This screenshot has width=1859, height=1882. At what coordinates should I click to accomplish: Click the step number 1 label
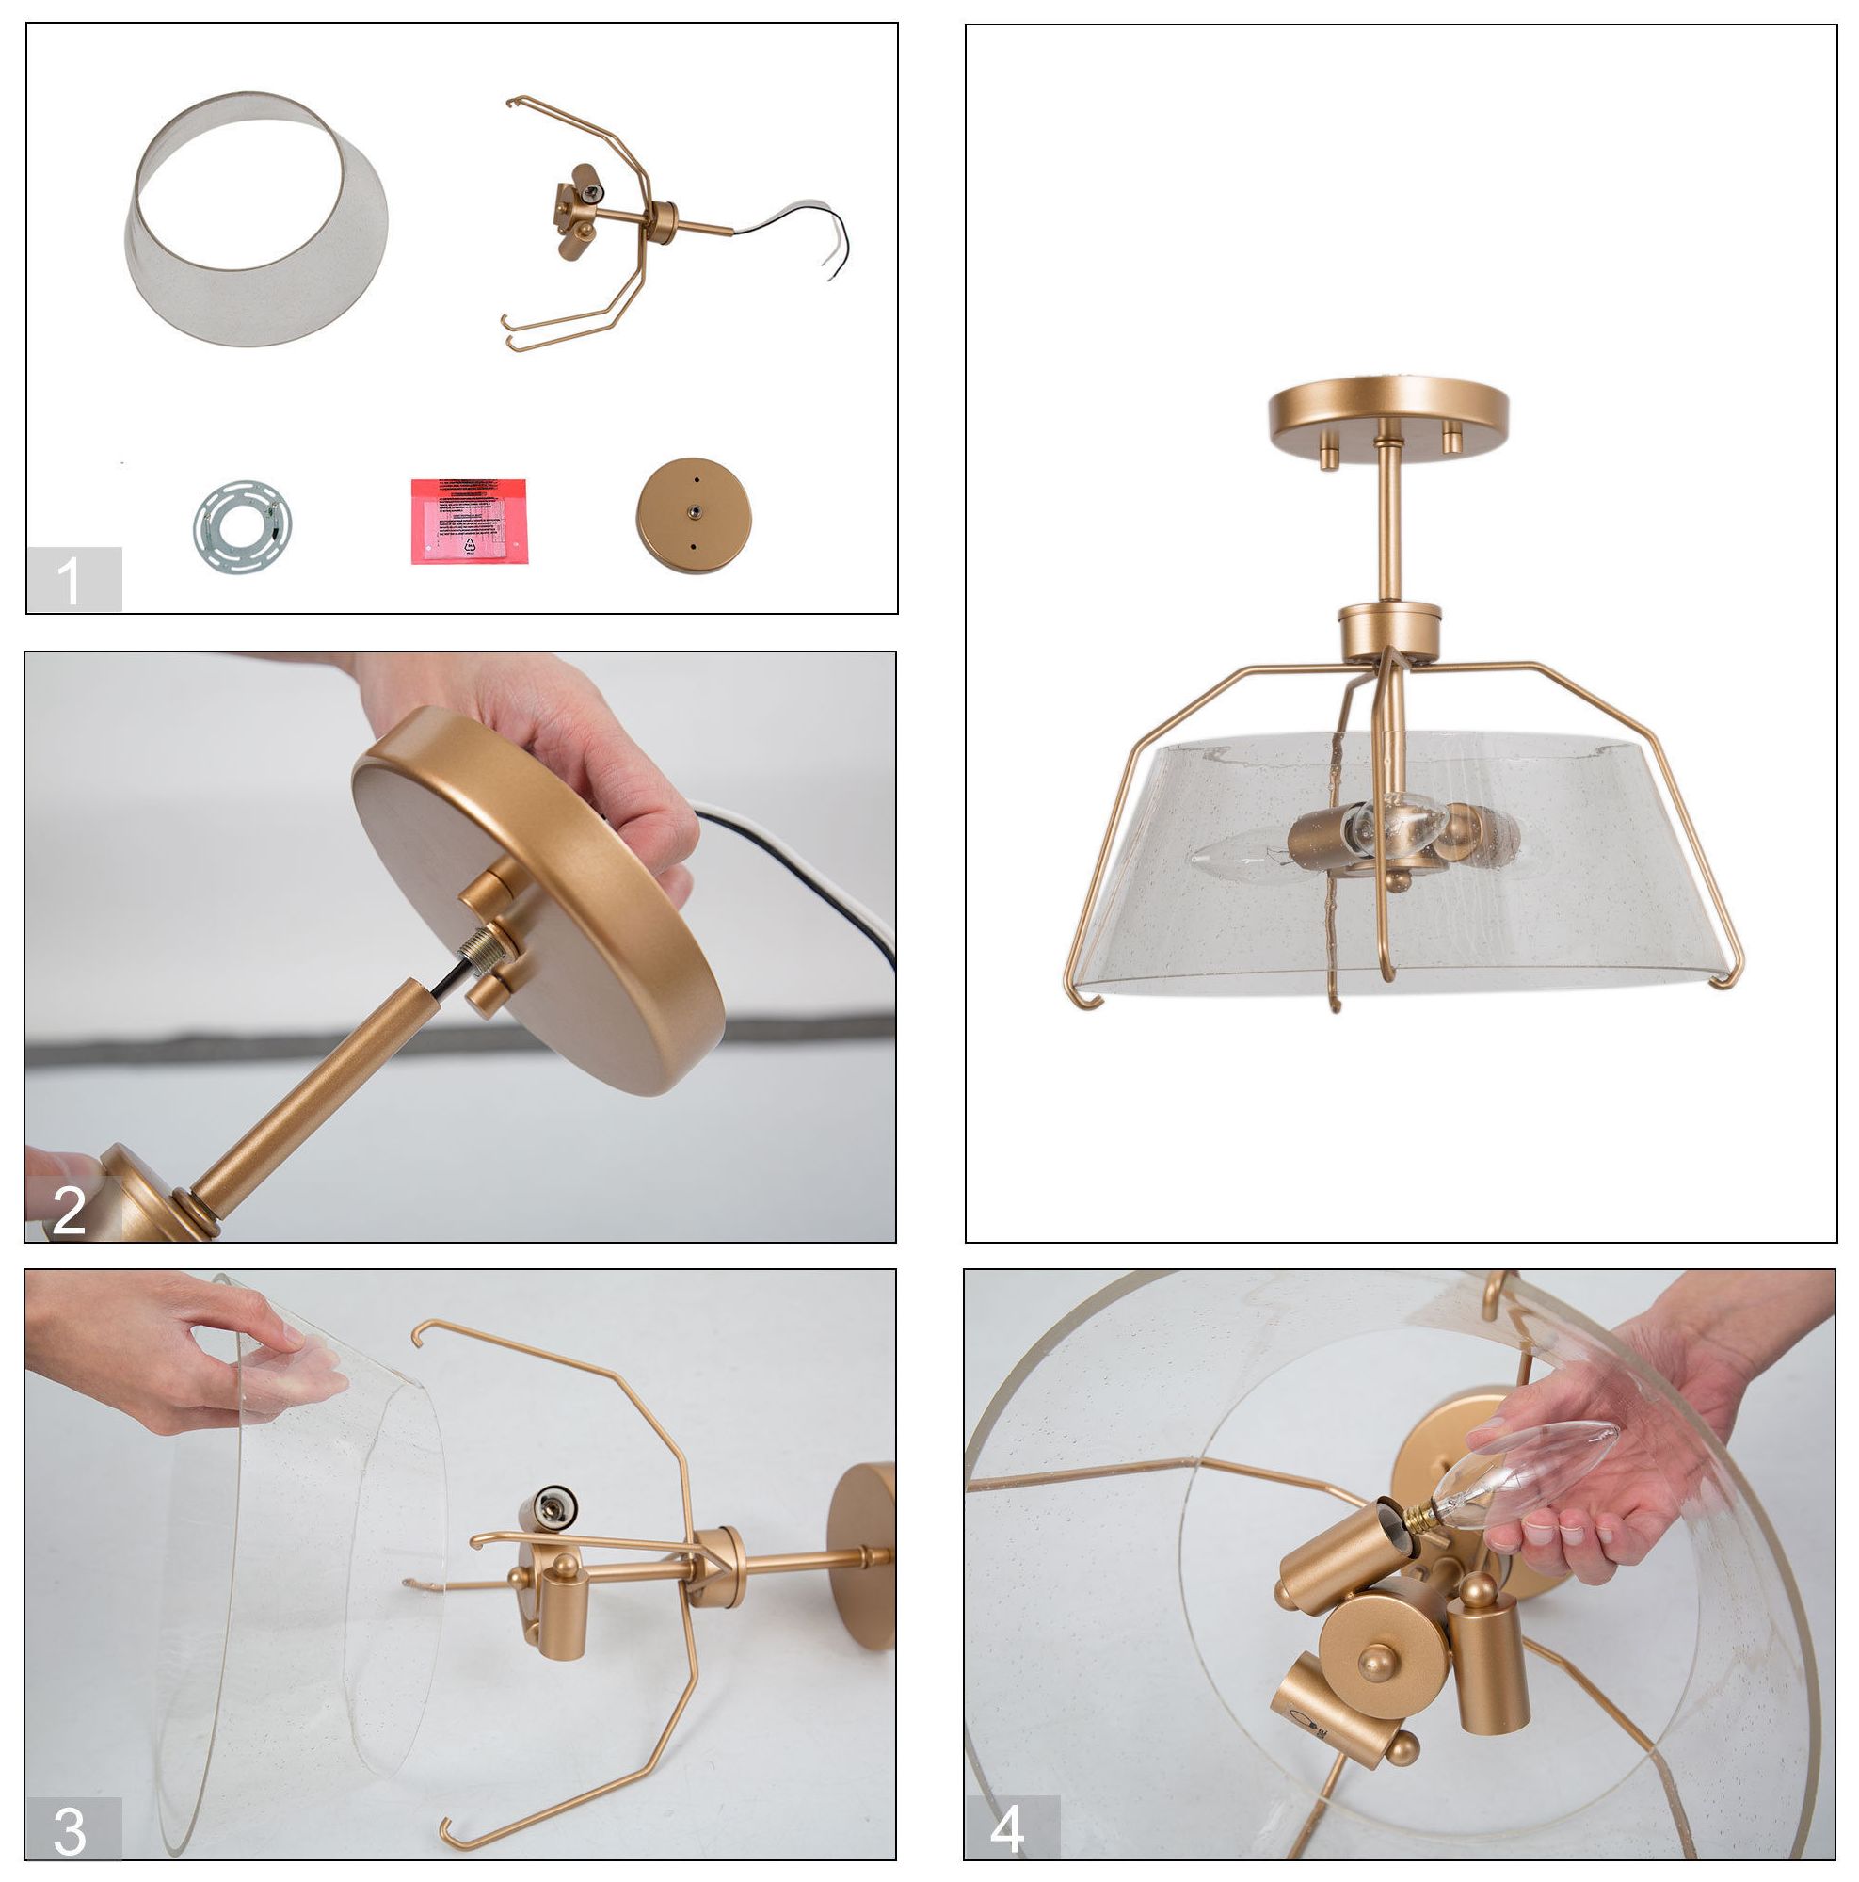click(x=73, y=580)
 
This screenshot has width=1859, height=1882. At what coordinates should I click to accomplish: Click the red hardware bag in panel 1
click(x=469, y=521)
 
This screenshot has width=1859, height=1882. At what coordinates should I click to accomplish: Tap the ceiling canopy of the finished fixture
click(x=1388, y=411)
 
